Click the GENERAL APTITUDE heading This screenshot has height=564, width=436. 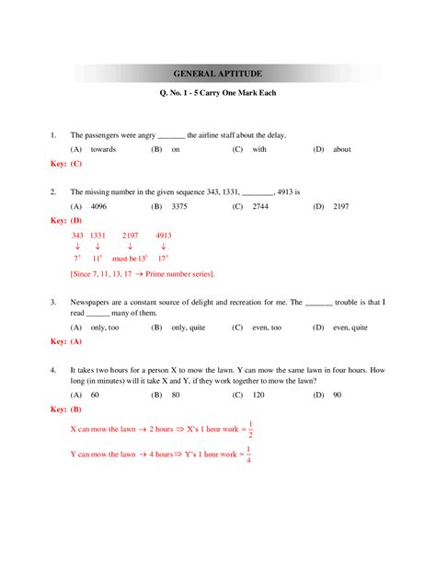pyautogui.click(x=218, y=72)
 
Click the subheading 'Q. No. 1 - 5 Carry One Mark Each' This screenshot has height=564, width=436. pyautogui.click(x=218, y=94)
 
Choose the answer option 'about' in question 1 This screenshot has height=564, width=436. pyautogui.click(x=342, y=149)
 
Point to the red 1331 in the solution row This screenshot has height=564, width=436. pyautogui.click(x=98, y=236)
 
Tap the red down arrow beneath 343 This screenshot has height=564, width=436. pyautogui.click(x=77, y=247)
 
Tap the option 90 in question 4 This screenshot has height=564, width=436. pyautogui.click(x=338, y=395)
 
